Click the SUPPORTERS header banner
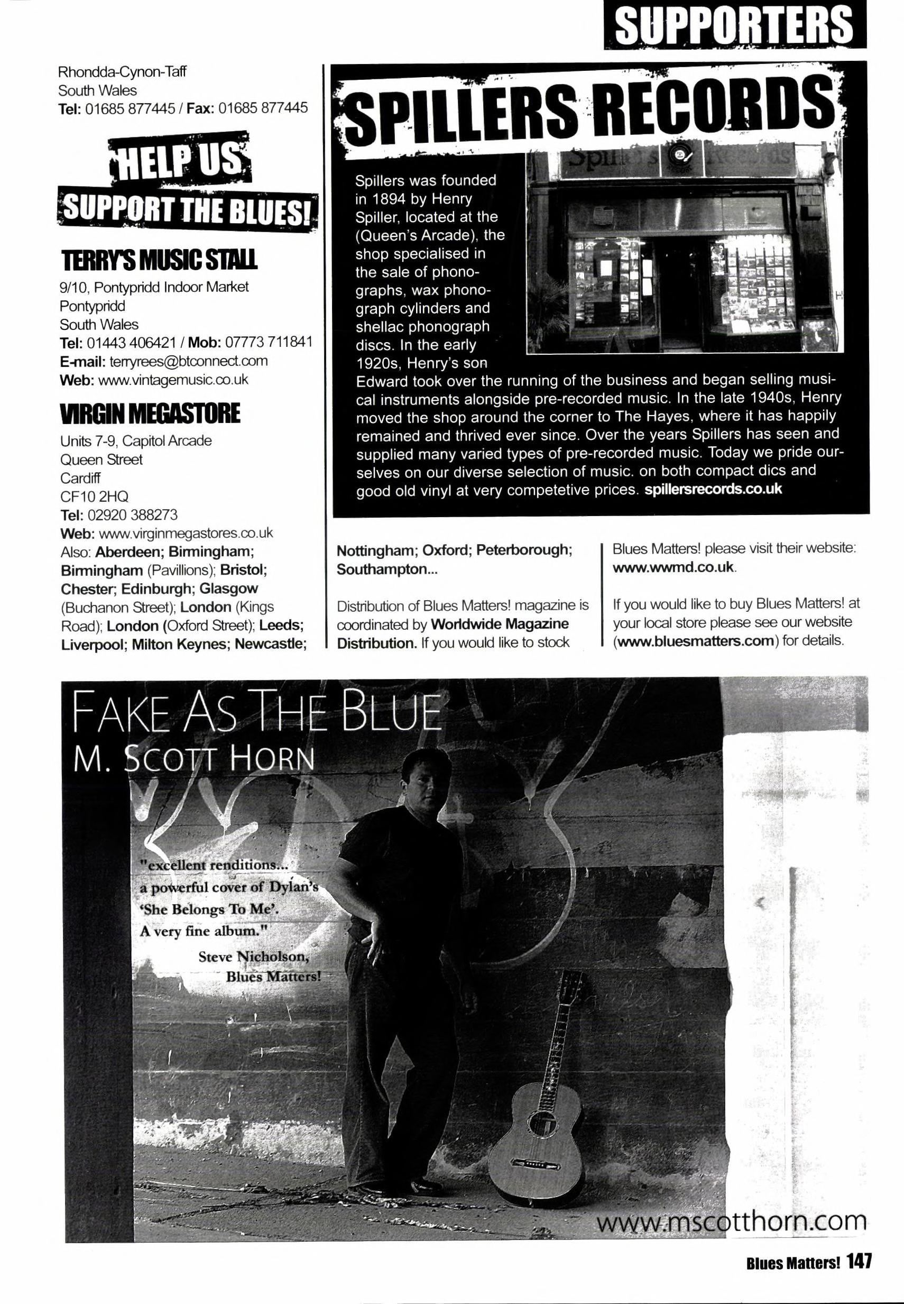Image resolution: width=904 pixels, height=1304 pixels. (734, 24)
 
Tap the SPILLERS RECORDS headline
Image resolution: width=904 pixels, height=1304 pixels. (586, 111)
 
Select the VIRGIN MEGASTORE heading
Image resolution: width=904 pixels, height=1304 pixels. (150, 413)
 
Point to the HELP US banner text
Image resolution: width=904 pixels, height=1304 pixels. (180, 161)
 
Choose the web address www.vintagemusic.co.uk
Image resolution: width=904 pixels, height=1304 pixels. (173, 380)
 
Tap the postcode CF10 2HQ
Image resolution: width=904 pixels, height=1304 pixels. (94, 496)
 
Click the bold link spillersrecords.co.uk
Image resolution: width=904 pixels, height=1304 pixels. (713, 488)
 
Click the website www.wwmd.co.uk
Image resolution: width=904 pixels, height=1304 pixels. (674, 567)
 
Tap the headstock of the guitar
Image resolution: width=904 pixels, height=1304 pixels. (574, 988)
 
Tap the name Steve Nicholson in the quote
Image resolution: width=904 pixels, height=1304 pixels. (253, 957)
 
